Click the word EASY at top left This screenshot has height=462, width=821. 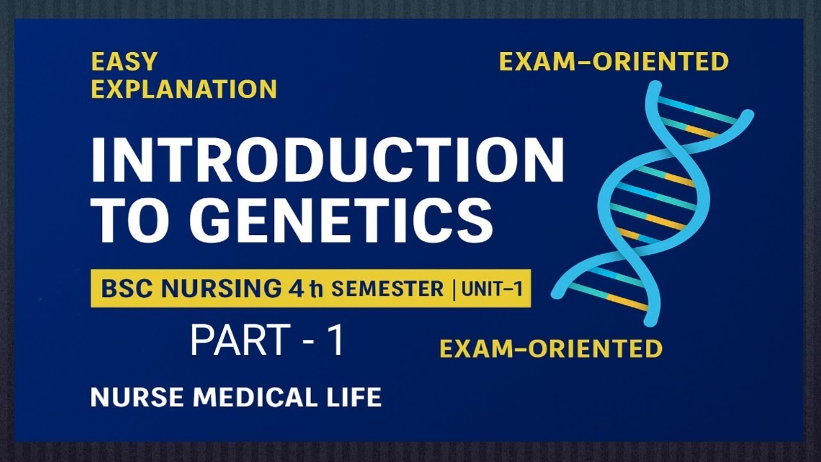click(x=124, y=62)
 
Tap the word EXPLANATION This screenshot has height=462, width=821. click(x=183, y=89)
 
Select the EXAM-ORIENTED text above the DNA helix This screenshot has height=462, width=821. click(x=614, y=62)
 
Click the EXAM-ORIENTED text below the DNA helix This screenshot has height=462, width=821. click(x=550, y=348)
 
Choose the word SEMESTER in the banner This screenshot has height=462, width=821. click(x=387, y=289)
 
